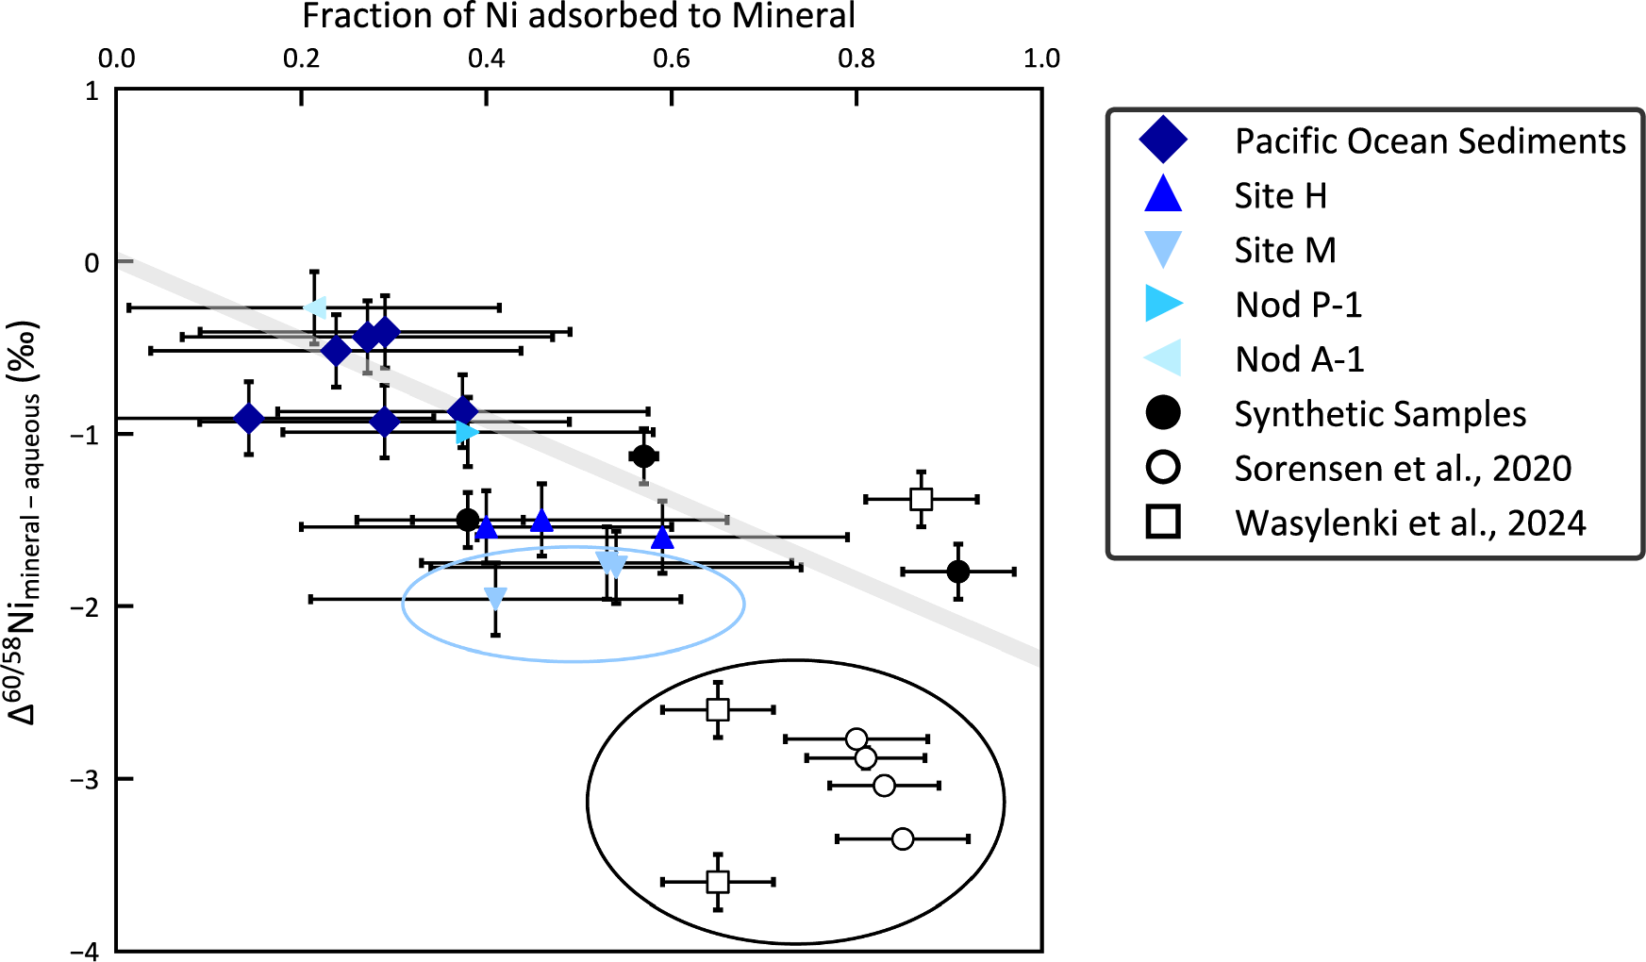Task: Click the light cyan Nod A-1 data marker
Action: point(315,307)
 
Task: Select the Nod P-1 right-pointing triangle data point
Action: point(466,432)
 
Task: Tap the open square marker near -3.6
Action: point(718,882)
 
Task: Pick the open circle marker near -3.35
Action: point(903,838)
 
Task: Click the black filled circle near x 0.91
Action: point(958,572)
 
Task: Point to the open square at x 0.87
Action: point(922,499)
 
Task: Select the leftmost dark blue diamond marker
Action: point(248,419)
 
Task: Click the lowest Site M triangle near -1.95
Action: point(495,598)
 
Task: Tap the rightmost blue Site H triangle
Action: point(662,538)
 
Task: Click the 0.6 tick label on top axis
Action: point(671,58)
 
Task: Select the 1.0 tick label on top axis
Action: point(1041,58)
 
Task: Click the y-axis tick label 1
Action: point(91,91)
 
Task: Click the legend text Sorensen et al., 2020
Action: point(1403,469)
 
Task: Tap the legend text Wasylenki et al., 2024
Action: point(1410,523)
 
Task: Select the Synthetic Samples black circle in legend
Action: point(1163,413)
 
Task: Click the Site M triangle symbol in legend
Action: point(1163,250)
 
